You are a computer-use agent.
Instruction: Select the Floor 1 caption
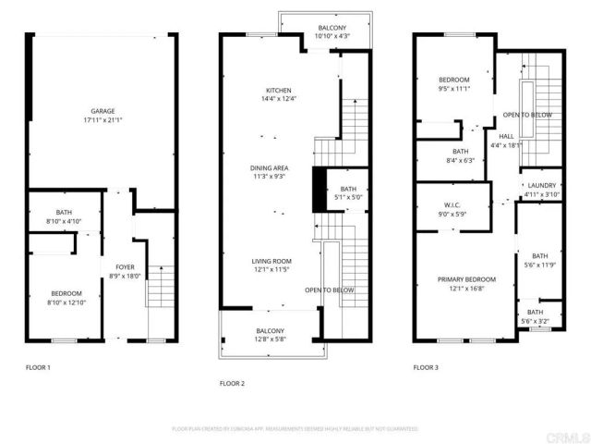[38, 367]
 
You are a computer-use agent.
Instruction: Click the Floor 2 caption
[232, 383]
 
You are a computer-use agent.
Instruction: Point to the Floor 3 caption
[426, 367]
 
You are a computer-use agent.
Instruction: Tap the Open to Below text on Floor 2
[330, 290]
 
